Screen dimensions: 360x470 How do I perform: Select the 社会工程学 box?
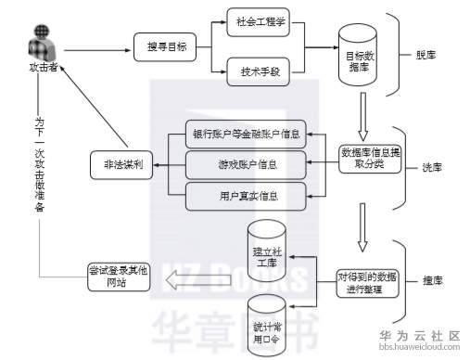[x=260, y=19]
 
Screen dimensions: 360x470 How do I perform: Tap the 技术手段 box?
[x=260, y=70]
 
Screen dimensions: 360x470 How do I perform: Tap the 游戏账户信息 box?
[x=246, y=164]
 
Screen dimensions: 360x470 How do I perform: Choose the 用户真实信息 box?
[x=246, y=195]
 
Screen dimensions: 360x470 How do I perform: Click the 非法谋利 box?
[x=121, y=165]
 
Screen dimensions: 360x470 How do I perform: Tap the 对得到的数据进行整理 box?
[x=369, y=283]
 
